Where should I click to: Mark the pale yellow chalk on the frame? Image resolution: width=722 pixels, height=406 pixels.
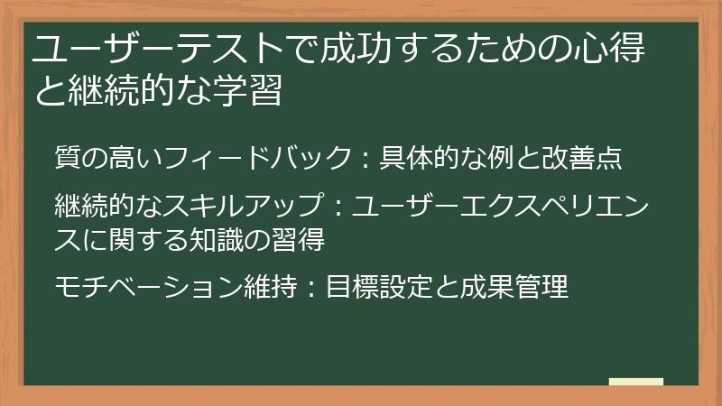[x=635, y=382]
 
